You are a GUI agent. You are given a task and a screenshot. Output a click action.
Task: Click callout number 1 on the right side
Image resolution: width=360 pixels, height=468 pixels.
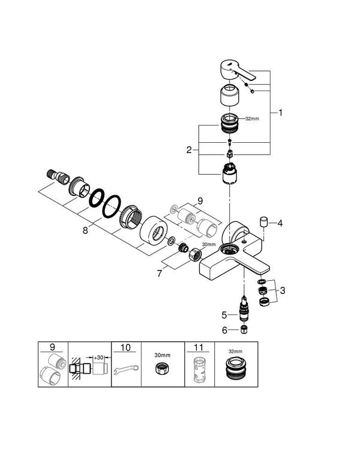(282, 112)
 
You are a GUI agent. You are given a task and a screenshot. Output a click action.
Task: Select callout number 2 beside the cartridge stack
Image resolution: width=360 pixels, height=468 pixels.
(190, 150)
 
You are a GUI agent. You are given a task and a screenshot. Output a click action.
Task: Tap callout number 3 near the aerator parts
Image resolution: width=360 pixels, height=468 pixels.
(283, 290)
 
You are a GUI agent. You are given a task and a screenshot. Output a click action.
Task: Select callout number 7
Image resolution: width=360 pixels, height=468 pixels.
(158, 274)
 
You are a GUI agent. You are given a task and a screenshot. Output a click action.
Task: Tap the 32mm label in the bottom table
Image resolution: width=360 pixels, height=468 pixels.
(236, 352)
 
